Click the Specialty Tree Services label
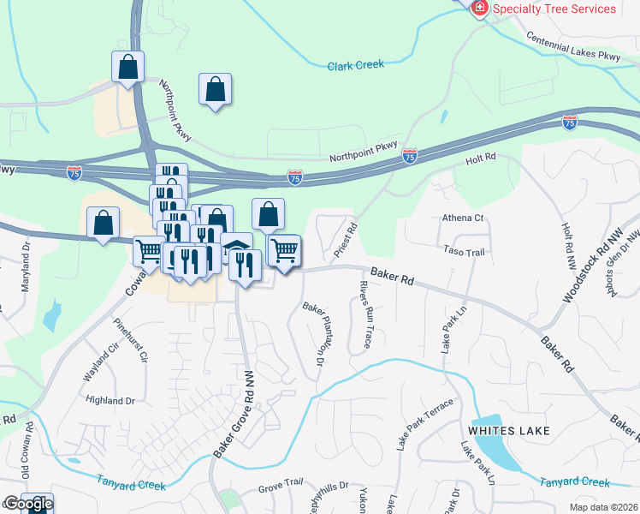click(554, 9)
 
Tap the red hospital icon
click(480, 8)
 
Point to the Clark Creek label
click(356, 64)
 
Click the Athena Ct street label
click(463, 218)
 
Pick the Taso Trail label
click(465, 252)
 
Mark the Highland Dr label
click(110, 400)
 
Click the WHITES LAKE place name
click(509, 429)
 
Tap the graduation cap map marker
click(236, 249)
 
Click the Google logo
click(27, 505)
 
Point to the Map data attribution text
click(602, 507)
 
